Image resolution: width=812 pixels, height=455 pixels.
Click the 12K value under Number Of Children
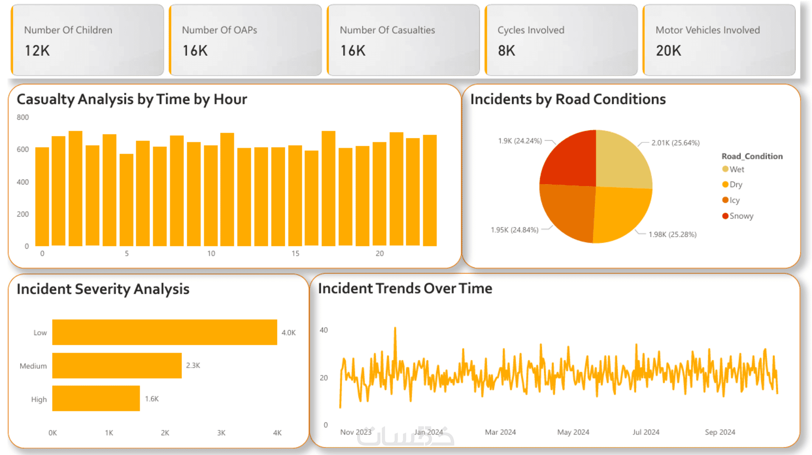[x=37, y=51]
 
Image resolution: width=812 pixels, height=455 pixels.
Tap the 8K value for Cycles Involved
[x=506, y=51]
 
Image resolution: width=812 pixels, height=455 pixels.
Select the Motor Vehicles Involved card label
[x=707, y=30]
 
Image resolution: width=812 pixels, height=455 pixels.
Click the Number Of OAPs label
[x=219, y=30]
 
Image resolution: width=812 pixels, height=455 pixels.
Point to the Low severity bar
[x=164, y=332]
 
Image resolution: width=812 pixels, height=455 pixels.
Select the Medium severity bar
[x=117, y=365]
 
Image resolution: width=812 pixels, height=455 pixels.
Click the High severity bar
[x=96, y=398]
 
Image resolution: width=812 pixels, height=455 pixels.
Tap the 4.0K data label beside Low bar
[x=288, y=333]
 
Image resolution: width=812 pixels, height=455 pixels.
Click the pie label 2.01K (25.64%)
[x=675, y=143]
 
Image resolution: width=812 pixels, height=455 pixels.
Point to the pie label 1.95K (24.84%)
[x=514, y=230]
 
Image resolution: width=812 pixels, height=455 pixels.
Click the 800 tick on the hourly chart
[x=23, y=118]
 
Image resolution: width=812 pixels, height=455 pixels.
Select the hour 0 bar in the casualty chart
[x=42, y=196]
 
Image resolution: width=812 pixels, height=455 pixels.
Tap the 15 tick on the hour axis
[x=295, y=254]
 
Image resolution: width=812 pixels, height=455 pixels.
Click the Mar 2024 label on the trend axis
[x=500, y=432]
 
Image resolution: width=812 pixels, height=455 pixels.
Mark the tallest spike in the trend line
[x=395, y=328]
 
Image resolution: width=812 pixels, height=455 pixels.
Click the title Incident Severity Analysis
[x=103, y=289]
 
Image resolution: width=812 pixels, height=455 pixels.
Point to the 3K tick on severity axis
[x=221, y=433]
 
